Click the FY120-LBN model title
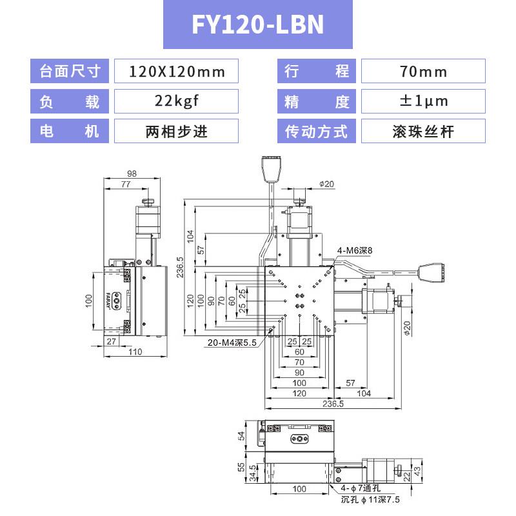(257, 25)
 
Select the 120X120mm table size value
(177, 72)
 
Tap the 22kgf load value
(177, 101)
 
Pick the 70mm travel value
(423, 72)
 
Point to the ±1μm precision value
(424, 101)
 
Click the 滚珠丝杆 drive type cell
(423, 132)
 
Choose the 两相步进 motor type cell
(177, 132)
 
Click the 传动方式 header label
(316, 132)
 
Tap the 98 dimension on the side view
(132, 174)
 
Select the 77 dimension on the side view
(126, 184)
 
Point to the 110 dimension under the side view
(135, 352)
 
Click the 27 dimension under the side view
(111, 341)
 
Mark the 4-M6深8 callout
(354, 250)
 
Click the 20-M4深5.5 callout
(232, 342)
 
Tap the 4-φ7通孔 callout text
(361, 488)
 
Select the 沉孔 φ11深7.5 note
(370, 499)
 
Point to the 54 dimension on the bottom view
(241, 436)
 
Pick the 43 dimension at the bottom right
(417, 471)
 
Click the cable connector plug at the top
(271, 168)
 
